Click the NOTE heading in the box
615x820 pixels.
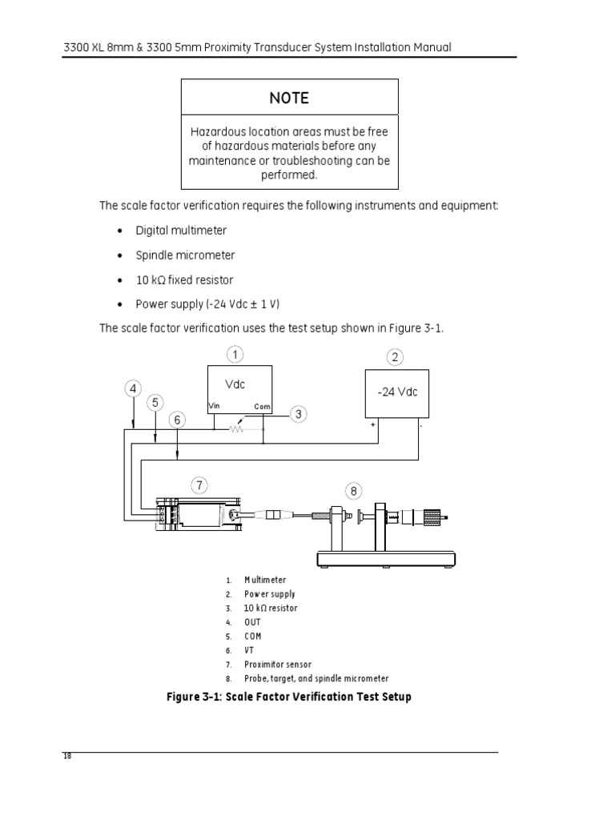pos(288,98)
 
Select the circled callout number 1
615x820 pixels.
pos(235,353)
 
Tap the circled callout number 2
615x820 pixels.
pos(395,357)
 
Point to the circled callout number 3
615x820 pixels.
pos(298,414)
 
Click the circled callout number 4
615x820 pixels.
pos(133,389)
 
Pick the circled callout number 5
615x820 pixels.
pos(155,404)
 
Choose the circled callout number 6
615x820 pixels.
pos(178,420)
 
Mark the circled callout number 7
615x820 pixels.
pos(200,484)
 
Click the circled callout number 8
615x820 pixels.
pos(352,489)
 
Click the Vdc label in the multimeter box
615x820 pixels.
pos(235,384)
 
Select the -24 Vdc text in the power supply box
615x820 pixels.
pos(397,392)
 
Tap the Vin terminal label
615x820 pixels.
pos(214,406)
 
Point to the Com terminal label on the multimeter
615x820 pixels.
pos(263,407)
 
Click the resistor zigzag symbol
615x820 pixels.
pos(236,428)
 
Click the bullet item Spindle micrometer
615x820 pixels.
pos(185,255)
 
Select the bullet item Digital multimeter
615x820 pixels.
pos(181,231)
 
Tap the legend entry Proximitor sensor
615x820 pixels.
pos(279,664)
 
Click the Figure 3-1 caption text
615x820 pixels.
pos(288,697)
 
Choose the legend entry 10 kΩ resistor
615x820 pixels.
pos(272,608)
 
